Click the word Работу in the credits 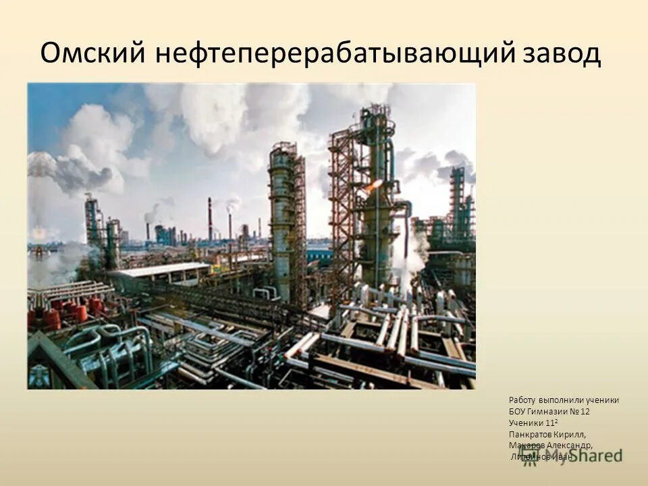522,400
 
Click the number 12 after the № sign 585,411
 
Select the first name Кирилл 572,434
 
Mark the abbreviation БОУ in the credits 518,411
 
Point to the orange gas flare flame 373,184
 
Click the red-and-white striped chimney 210,219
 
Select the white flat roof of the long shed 160,269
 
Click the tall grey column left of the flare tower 281,223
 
